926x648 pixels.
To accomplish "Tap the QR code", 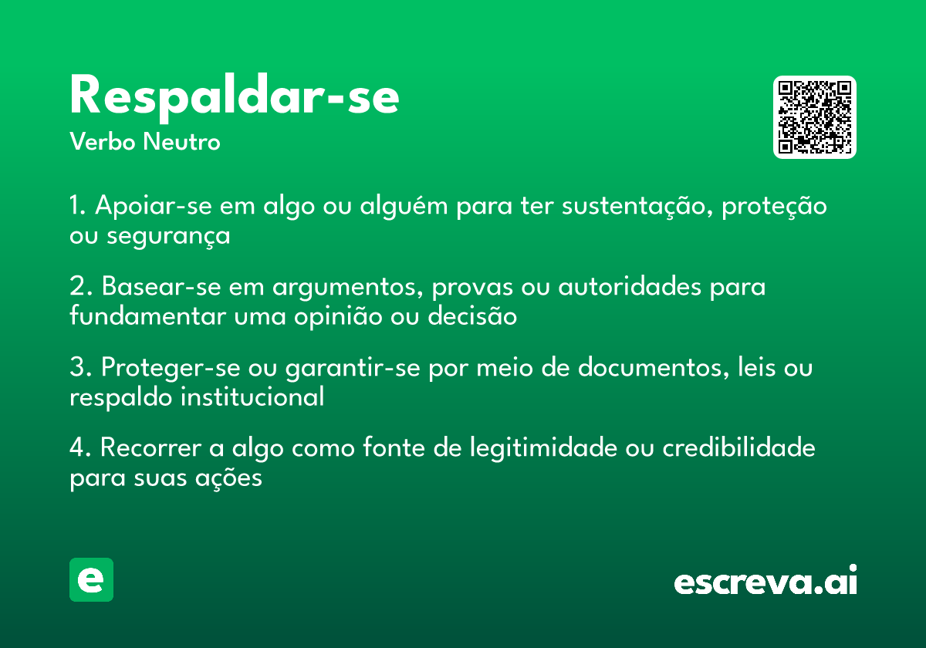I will [x=815, y=117].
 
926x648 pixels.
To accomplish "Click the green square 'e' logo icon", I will [x=91, y=579].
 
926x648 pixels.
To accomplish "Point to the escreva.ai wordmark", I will [x=765, y=582].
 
